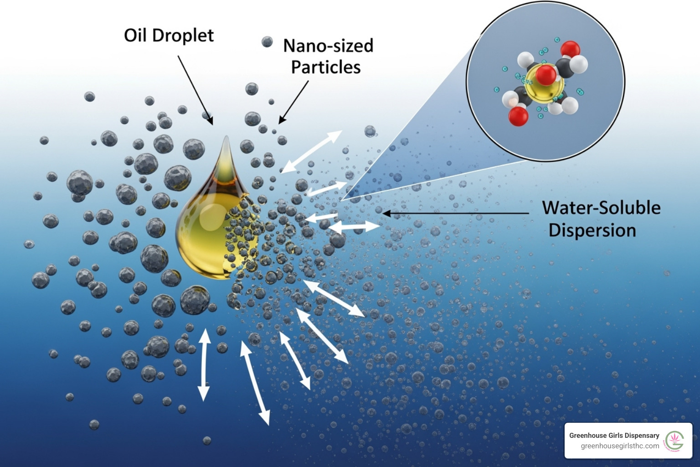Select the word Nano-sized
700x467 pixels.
tap(328, 46)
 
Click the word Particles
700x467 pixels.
tap(326, 67)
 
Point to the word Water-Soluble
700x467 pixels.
tap(601, 208)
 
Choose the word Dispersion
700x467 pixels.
tap(592, 230)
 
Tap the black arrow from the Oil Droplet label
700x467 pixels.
tap(195, 90)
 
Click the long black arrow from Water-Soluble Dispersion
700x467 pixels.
tap(456, 213)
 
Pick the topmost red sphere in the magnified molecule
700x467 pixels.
tap(570, 49)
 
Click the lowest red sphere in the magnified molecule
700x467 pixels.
tap(518, 116)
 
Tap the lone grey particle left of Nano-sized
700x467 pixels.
tap(267, 42)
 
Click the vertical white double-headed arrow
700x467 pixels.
tap(204, 365)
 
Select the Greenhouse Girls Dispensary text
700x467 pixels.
tap(614, 436)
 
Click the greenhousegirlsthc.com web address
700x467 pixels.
tap(620, 446)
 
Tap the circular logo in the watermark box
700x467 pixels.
tap(674, 441)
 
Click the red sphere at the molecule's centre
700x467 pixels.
tap(546, 74)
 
